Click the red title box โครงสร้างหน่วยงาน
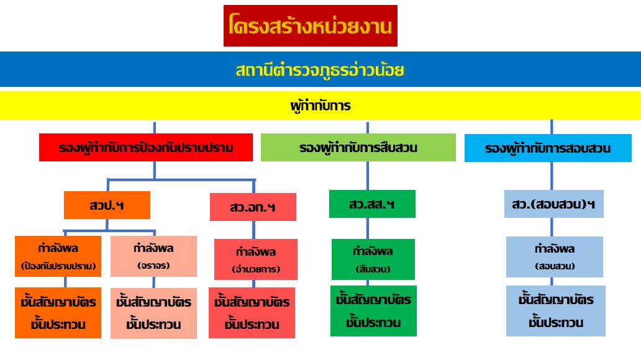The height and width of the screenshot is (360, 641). point(310,26)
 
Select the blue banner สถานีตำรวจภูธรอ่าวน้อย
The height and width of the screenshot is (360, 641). point(320,70)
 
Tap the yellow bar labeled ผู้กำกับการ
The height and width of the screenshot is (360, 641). point(320,106)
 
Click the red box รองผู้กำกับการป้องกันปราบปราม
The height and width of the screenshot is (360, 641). point(147,148)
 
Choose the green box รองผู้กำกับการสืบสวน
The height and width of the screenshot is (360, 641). point(358,148)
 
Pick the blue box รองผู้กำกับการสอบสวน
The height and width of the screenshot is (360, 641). point(547,148)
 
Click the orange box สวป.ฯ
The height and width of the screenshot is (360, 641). point(107,205)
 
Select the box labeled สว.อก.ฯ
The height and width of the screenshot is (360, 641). point(253,207)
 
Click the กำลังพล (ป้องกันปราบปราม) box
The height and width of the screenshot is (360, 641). point(58,256)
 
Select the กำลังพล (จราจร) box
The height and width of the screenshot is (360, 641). point(153,256)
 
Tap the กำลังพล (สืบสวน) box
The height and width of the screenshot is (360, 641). point(373,259)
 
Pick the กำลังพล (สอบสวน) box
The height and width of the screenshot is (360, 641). point(555,256)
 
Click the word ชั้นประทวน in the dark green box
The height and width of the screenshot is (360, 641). point(373,323)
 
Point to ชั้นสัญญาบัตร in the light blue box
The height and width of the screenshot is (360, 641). point(556,300)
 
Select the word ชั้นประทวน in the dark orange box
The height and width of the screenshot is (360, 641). point(58,324)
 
